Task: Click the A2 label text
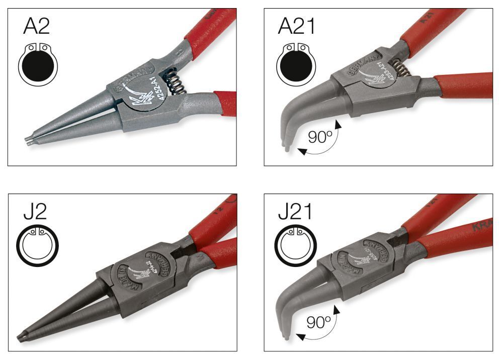tap(37, 26)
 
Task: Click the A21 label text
tap(297, 26)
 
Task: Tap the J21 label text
tap(295, 212)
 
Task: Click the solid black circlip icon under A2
tap(38, 64)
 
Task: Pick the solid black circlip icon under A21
tap(297, 64)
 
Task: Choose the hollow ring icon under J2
tap(38, 246)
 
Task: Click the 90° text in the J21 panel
tap(318, 323)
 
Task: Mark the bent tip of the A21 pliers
tap(286, 147)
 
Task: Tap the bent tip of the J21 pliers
tap(286, 334)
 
